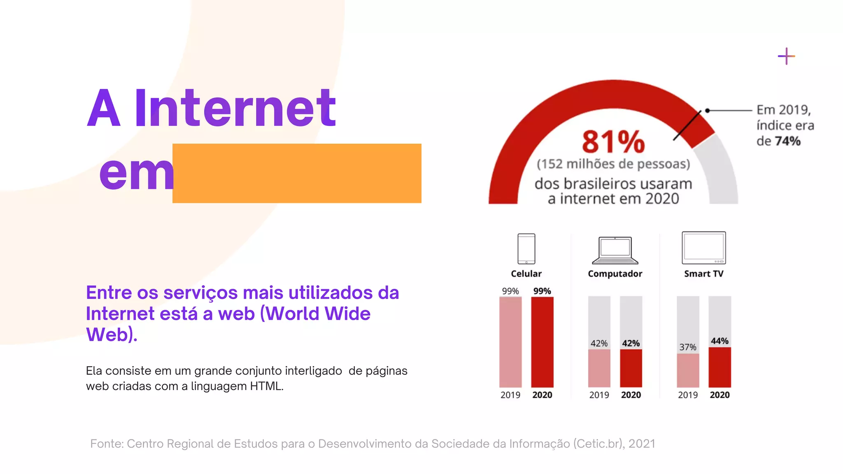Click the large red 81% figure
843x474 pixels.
point(613,142)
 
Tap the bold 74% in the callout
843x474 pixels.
point(787,141)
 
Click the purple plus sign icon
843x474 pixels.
point(786,56)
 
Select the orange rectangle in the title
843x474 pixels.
point(297,173)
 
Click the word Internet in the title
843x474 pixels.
point(235,108)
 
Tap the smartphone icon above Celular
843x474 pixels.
point(526,249)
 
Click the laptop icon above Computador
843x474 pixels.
point(615,250)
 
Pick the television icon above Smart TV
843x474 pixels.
point(703,248)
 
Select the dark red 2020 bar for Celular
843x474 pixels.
point(542,342)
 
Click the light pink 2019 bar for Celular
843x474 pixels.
point(510,342)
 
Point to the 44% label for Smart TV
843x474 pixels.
point(720,341)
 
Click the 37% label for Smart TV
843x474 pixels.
point(688,347)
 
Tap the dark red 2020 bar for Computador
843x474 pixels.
point(631,368)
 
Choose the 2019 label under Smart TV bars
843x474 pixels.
point(688,395)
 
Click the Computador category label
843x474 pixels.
point(615,274)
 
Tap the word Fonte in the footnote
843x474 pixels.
point(107,444)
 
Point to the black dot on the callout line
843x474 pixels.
point(707,110)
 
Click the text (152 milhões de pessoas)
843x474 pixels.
point(613,164)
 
